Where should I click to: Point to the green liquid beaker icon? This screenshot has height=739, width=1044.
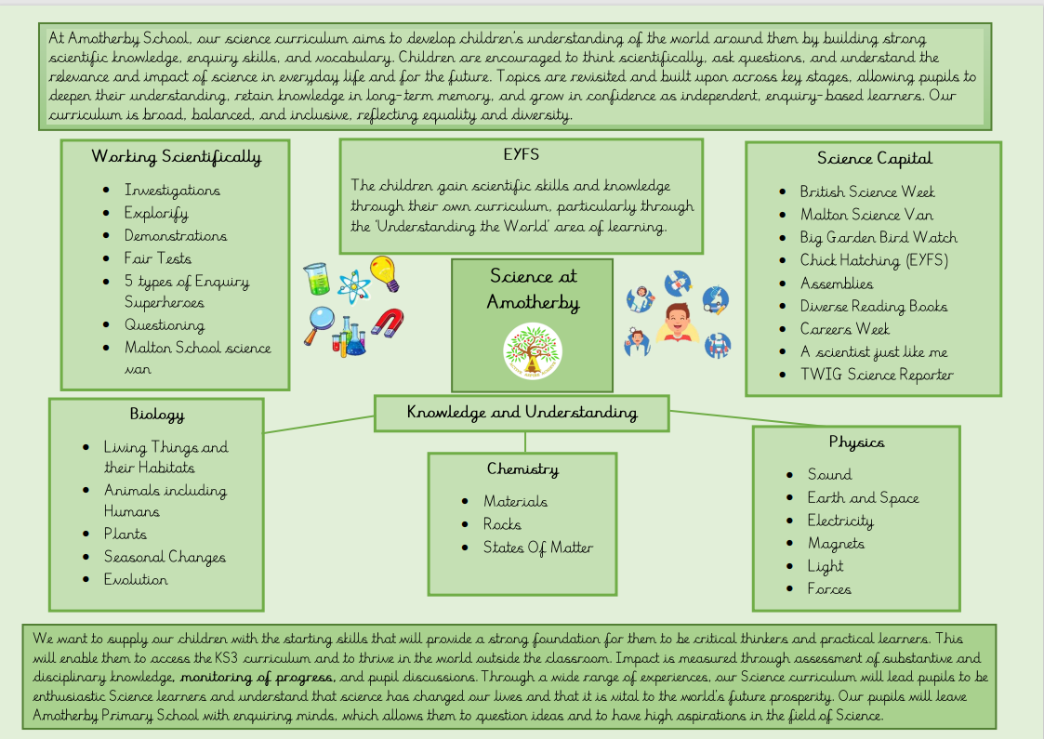tap(316, 278)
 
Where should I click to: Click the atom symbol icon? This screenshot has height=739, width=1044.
tap(352, 284)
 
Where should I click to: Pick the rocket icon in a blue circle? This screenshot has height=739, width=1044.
tap(677, 284)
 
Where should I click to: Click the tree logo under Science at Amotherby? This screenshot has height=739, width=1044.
tap(533, 353)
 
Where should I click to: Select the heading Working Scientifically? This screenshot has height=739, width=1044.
tap(176, 156)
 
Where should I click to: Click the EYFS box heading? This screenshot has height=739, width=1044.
tap(521, 154)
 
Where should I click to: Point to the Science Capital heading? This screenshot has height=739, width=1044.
tap(874, 158)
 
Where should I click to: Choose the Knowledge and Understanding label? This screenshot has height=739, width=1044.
tap(522, 412)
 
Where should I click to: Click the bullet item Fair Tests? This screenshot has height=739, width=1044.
tap(158, 258)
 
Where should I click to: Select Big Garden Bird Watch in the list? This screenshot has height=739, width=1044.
tap(878, 237)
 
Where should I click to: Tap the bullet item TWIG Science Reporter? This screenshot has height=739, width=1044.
tap(876, 375)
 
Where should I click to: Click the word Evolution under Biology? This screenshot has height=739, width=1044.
tap(136, 579)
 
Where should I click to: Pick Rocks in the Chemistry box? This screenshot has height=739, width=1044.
tap(502, 524)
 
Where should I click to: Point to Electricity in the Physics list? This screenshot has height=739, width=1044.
tap(840, 521)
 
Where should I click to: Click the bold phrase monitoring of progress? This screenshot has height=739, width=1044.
tap(258, 676)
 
